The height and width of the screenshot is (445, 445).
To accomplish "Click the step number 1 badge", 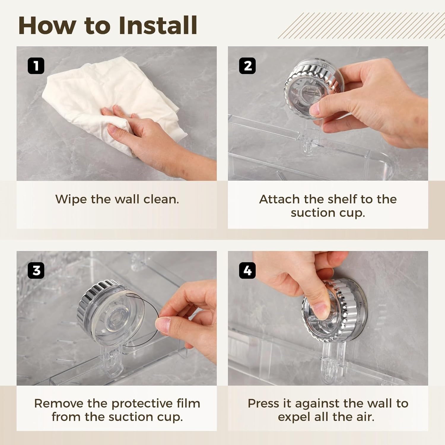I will pyautogui.click(x=36, y=66).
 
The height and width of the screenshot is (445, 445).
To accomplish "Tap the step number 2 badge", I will pyautogui.click(x=247, y=66).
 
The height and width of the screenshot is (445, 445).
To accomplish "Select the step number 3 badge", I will pyautogui.click(x=36, y=271).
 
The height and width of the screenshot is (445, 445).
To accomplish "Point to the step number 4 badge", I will pyautogui.click(x=247, y=271).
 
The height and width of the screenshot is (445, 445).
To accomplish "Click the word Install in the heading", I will pyautogui.click(x=158, y=26).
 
